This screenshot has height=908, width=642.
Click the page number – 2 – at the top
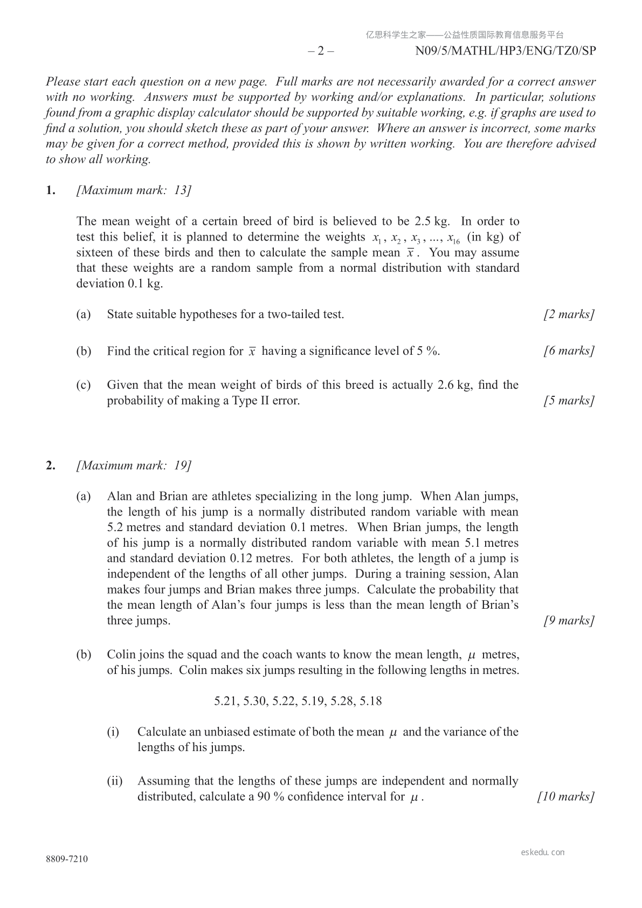pos(321,51)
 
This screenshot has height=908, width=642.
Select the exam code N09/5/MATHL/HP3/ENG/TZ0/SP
pos(506,51)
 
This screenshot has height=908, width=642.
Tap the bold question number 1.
pos(51,190)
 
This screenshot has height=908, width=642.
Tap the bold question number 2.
pos(51,465)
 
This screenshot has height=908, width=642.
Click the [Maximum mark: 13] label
pos(134,190)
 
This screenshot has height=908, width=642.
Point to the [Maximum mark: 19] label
pos(134,465)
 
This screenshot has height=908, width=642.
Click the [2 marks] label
pos(569,314)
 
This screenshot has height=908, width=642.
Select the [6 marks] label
pos(569,351)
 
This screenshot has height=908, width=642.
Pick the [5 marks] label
pos(569,401)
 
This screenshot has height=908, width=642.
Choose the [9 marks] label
pos(569,621)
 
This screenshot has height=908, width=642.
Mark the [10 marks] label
pos(566,797)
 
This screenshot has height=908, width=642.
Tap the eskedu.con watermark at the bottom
pos(543,852)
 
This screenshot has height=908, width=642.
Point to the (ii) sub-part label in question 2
pos(114,781)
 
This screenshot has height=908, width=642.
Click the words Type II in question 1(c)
pos(252,401)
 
